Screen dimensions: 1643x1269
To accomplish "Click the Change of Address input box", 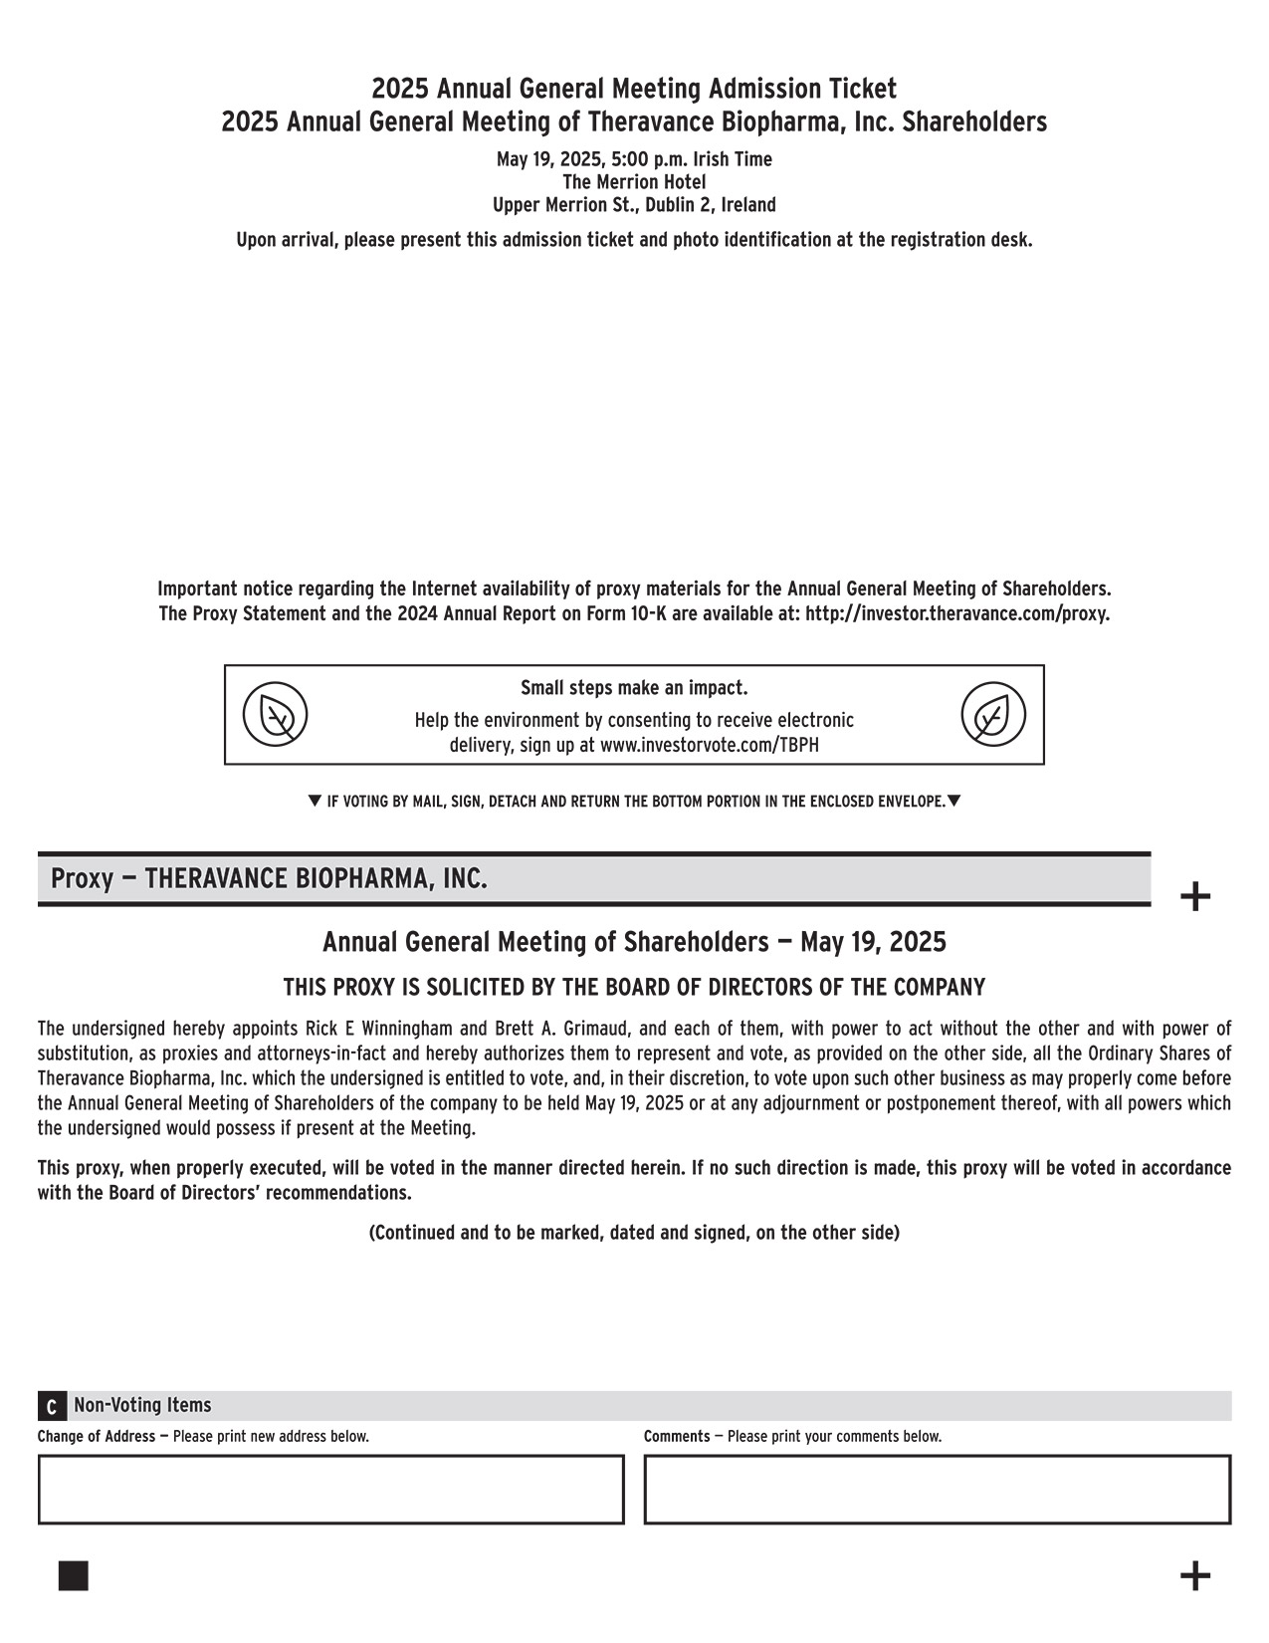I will pyautogui.click(x=330, y=1489).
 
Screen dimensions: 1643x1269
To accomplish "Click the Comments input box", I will pyautogui.click(x=937, y=1489).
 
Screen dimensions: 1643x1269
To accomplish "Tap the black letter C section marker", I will pyautogui.click(x=51, y=1407).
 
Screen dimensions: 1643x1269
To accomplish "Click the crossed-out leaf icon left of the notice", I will pyautogui.click(x=276, y=714).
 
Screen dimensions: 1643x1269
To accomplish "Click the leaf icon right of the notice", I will pyautogui.click(x=992, y=714).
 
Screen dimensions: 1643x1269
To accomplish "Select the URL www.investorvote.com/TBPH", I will pyautogui.click(x=710, y=745).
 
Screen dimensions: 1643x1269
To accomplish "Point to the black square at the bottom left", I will pyautogui.click(x=74, y=1576).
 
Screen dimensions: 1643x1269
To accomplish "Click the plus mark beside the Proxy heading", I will pyautogui.click(x=1194, y=896).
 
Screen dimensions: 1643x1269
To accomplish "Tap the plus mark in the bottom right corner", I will pyautogui.click(x=1194, y=1576).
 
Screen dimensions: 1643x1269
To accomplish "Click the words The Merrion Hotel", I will pyautogui.click(x=634, y=182).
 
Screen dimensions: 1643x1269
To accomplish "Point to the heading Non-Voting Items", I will pyautogui.click(x=142, y=1405).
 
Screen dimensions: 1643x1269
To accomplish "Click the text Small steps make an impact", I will pyautogui.click(x=634, y=688).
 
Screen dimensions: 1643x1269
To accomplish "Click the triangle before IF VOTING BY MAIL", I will pyautogui.click(x=315, y=801).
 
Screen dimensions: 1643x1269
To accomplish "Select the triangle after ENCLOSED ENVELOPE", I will pyautogui.click(x=953, y=801).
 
